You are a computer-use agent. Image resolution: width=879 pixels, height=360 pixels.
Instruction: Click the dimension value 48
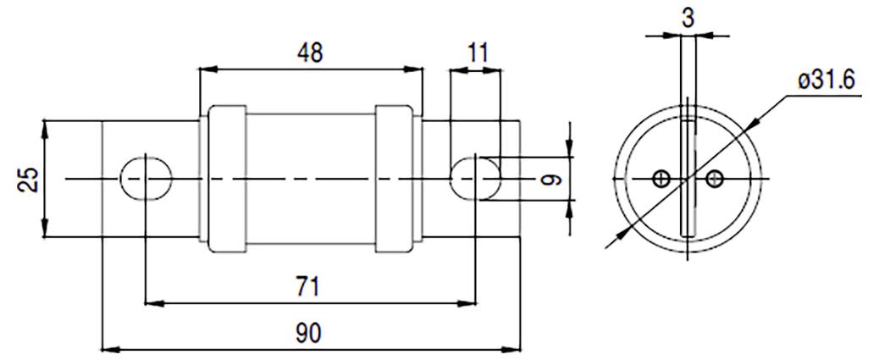(310, 53)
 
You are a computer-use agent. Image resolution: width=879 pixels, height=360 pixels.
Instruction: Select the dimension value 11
(477, 53)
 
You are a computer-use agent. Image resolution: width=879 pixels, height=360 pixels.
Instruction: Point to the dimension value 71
(308, 285)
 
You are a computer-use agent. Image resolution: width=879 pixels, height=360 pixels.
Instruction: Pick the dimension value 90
(308, 331)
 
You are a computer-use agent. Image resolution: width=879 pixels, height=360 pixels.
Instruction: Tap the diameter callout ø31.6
(825, 80)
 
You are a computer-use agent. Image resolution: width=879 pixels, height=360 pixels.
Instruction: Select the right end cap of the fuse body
(393, 179)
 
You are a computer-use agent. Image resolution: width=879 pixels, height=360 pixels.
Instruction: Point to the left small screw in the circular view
(662, 178)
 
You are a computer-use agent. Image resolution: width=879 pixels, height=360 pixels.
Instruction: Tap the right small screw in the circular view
(715, 178)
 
